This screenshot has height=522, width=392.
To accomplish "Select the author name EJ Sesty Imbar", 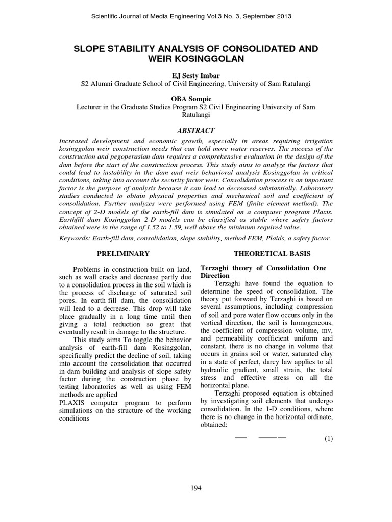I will (x=195, y=75).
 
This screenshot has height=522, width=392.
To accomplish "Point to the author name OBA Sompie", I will (x=195, y=99).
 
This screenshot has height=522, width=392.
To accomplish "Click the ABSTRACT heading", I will (x=195, y=130).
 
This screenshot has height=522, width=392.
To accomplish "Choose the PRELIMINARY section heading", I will (x=124, y=253).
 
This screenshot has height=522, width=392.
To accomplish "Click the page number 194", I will (x=196, y=488).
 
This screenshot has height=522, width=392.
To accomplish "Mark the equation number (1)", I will (x=327, y=440).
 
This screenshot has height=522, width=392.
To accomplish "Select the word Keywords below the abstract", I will (x=76, y=238).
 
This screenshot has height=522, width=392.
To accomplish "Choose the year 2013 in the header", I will (x=284, y=17).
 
